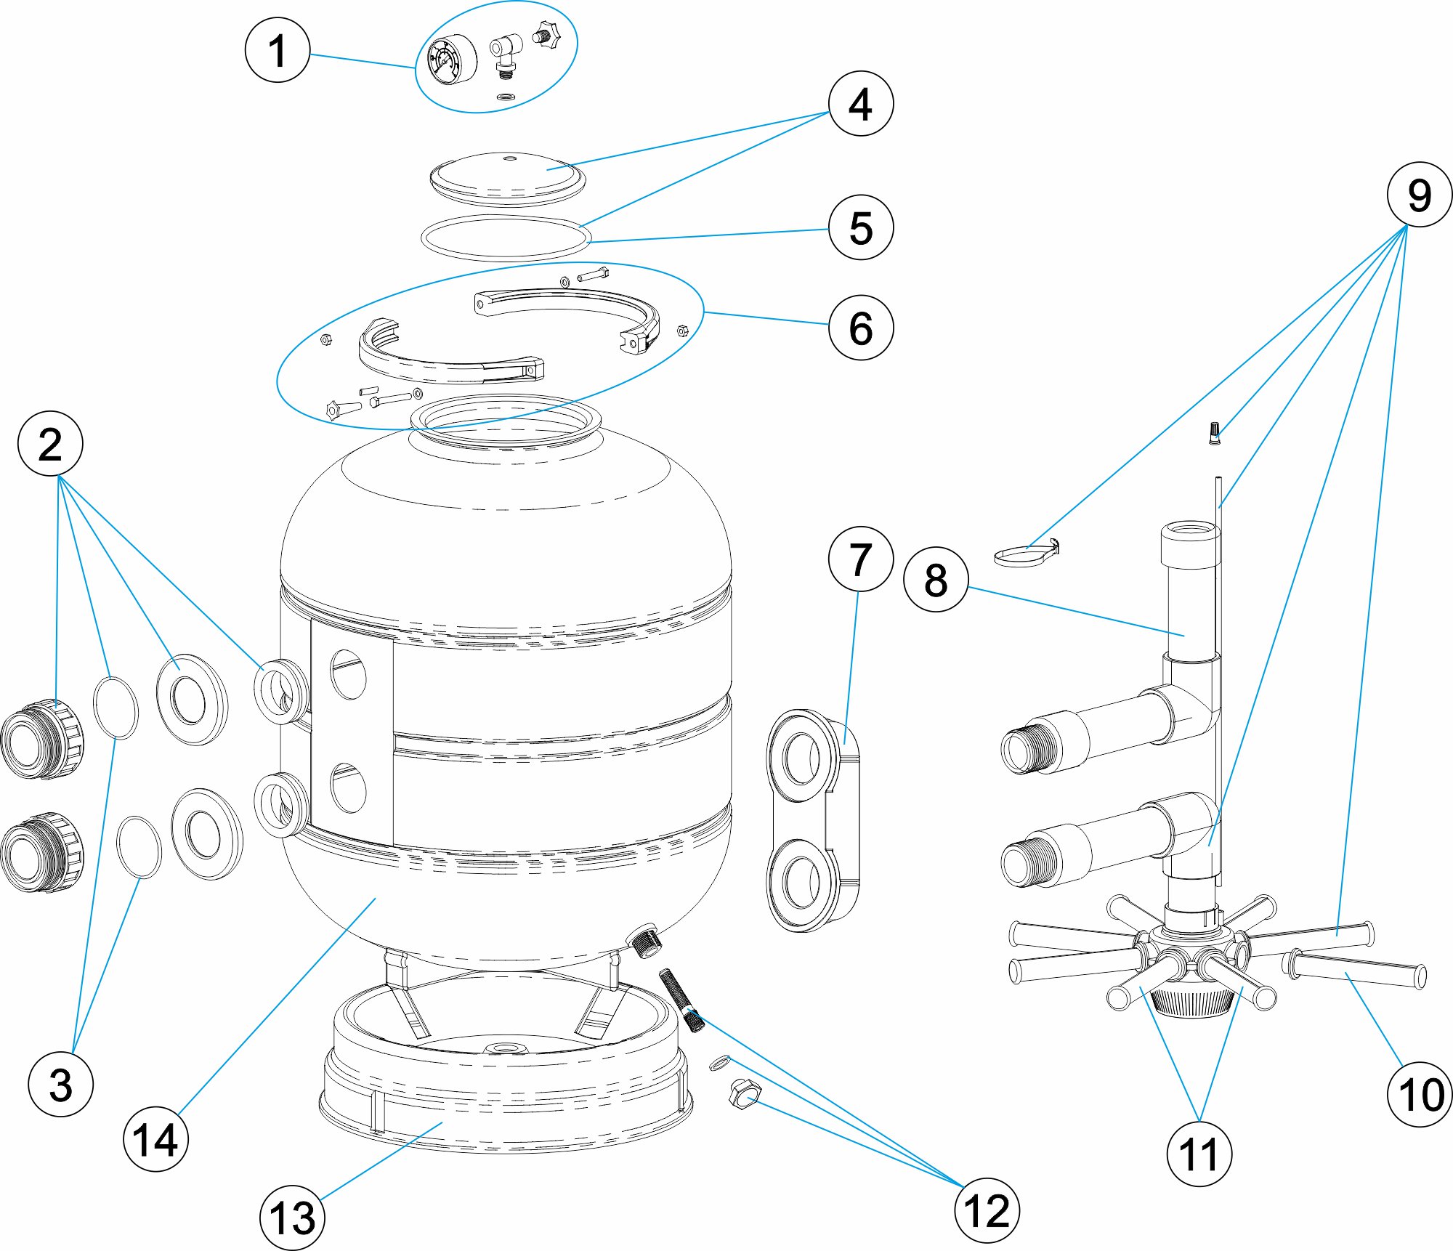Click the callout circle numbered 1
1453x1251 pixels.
coord(278,50)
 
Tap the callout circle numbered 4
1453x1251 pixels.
coord(861,103)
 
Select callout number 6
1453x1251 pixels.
coord(861,327)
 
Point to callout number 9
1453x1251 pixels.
coord(1419,195)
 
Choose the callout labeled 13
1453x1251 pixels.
coord(292,1218)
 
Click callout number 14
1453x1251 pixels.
coord(155,1139)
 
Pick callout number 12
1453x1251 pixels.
coord(987,1210)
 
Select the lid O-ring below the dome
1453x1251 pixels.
coord(506,237)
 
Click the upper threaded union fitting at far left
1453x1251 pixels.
coord(42,740)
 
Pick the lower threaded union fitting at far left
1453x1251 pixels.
coord(42,853)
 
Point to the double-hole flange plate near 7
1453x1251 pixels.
coord(812,821)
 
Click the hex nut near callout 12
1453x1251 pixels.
coord(745,1094)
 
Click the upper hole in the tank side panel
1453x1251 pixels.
coord(349,674)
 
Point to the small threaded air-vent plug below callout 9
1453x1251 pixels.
coord(1213,432)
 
